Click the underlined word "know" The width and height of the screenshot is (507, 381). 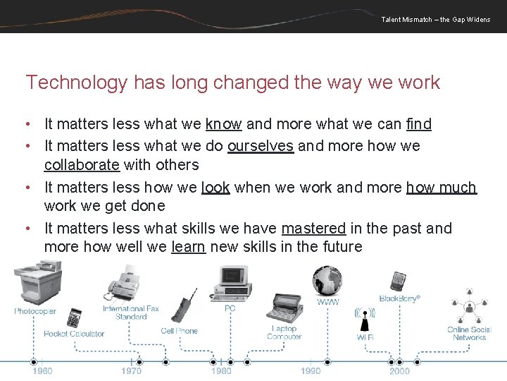click(x=223, y=124)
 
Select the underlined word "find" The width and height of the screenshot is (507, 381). click(x=418, y=124)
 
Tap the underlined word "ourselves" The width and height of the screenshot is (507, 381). click(x=260, y=145)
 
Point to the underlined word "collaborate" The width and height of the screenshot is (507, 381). click(x=82, y=165)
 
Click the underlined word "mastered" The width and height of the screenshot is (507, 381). click(x=313, y=228)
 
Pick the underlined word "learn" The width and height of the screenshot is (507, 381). click(x=188, y=247)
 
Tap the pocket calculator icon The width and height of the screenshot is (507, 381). click(x=73, y=318)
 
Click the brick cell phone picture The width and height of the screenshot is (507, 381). click(x=180, y=306)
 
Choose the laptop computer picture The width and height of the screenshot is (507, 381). click(x=284, y=310)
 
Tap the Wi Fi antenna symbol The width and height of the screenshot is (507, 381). click(x=364, y=317)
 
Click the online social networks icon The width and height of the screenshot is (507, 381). click(x=470, y=307)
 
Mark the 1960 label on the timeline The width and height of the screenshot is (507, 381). click(x=42, y=371)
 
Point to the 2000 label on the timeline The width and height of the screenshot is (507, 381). click(x=399, y=371)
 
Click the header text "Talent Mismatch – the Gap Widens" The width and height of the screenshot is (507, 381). click(x=435, y=19)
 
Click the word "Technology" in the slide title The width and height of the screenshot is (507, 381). click(x=76, y=83)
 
